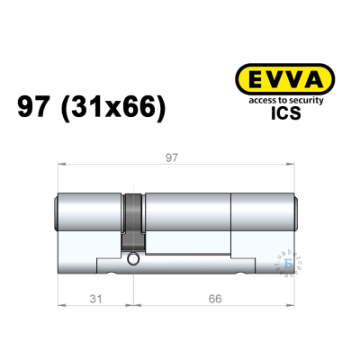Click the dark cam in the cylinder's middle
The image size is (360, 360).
point(134,220)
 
